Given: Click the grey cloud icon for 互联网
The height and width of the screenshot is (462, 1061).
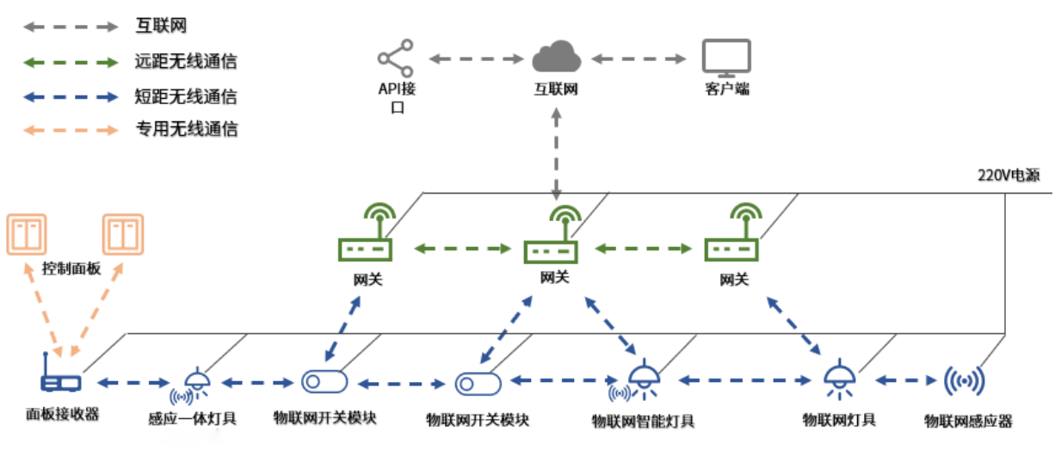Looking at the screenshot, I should point(556,57).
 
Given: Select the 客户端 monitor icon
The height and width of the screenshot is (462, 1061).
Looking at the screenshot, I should point(725,57).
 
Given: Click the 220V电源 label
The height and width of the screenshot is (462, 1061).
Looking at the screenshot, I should point(1008,176).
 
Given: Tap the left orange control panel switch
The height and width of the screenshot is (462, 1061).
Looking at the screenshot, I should point(27,235).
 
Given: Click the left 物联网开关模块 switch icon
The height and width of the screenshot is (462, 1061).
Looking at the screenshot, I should point(324,381).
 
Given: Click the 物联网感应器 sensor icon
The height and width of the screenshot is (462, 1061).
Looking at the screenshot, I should point(964,380).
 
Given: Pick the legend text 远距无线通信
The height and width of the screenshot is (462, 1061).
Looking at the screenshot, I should point(186,61).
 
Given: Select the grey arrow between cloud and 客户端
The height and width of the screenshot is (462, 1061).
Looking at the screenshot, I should point(638,59).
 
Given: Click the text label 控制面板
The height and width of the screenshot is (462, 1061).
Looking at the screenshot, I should point(71,268).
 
